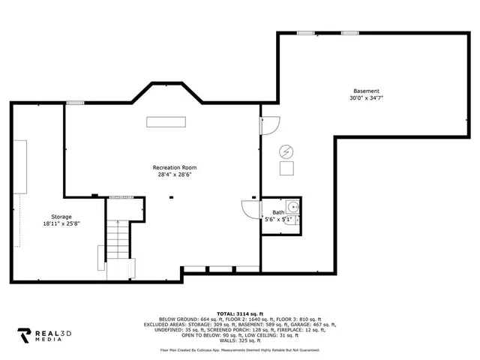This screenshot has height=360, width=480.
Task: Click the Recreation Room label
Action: pyautogui.click(x=174, y=167)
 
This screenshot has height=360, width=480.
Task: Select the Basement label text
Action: pyautogui.click(x=367, y=91)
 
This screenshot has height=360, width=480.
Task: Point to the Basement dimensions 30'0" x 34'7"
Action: pyautogui.click(x=367, y=98)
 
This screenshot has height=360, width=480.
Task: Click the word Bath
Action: pyautogui.click(x=278, y=212)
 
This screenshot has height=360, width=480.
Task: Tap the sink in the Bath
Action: pyautogui.click(x=293, y=206)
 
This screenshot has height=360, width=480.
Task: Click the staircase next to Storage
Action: pyautogui.click(x=118, y=239)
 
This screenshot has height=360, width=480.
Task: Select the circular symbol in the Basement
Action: pyautogui.click(x=286, y=151)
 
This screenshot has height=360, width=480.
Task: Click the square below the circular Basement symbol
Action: pyautogui.click(x=287, y=169)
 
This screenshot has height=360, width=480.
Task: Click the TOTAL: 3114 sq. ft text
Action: pyautogui.click(x=239, y=313)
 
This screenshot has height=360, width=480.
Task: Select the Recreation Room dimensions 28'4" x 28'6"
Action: pyautogui.click(x=174, y=175)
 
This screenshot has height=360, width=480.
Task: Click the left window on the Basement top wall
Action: pyautogui.click(x=305, y=33)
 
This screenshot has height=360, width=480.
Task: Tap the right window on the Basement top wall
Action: pyautogui.click(x=349, y=33)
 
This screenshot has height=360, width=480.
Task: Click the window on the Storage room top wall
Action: pyautogui.click(x=75, y=103)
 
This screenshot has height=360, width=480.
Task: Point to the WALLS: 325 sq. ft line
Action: pyautogui.click(x=239, y=340)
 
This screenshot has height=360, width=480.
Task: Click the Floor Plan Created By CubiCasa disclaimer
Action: pyautogui.click(x=239, y=349)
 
